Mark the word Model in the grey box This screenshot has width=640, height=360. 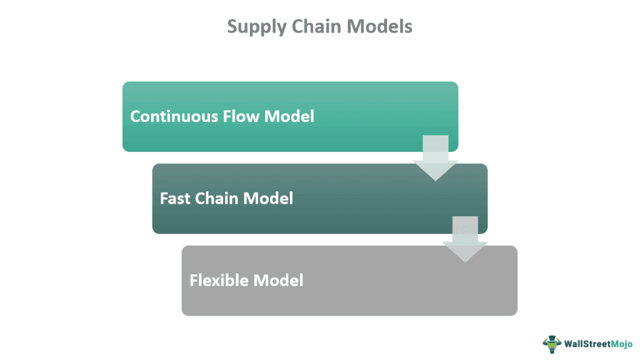point(278,280)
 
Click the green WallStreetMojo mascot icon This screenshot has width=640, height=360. point(551,344)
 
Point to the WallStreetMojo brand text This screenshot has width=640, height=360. point(598,344)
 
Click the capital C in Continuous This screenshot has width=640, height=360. point(135,116)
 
